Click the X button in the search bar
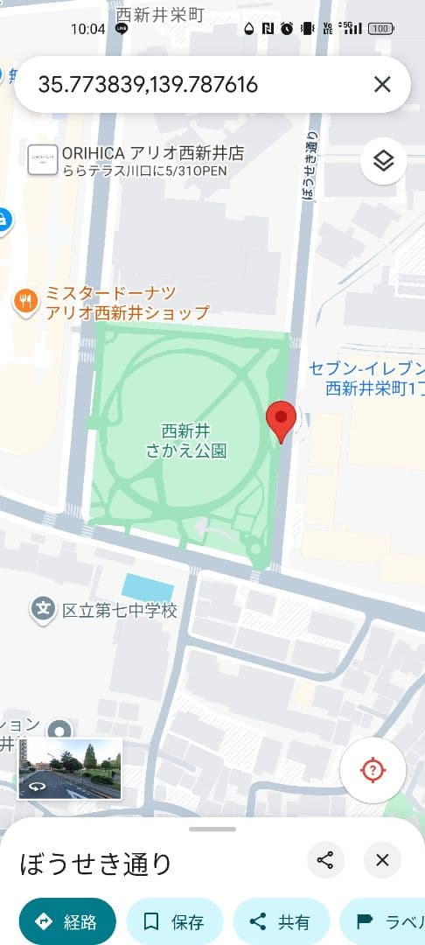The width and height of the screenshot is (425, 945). pos(382,84)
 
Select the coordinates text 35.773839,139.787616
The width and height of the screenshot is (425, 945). pos(148,84)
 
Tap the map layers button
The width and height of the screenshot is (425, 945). pos(383,161)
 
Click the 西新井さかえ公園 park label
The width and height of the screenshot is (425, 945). pos(185,441)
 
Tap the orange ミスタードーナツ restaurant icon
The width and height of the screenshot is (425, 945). pos(26,302)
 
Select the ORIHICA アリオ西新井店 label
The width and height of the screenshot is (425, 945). pos(152,153)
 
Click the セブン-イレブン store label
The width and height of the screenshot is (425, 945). pos(367,377)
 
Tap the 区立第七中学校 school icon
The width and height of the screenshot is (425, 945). pos(43,609)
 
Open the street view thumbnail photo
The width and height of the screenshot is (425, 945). pos(70,769)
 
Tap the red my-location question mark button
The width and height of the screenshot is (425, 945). pos(373,771)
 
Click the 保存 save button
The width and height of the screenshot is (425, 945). pos(174,921)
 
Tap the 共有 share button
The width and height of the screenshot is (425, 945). pos(281,921)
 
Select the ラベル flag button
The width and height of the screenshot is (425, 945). pos(385,921)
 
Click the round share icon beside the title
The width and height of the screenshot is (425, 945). pos(325,860)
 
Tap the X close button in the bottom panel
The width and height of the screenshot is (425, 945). pos(382,860)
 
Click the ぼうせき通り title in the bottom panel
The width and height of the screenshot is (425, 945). pos(96,864)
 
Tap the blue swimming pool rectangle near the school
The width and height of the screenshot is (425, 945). pos(148,587)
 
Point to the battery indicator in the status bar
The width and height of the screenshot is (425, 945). pos(380,29)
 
